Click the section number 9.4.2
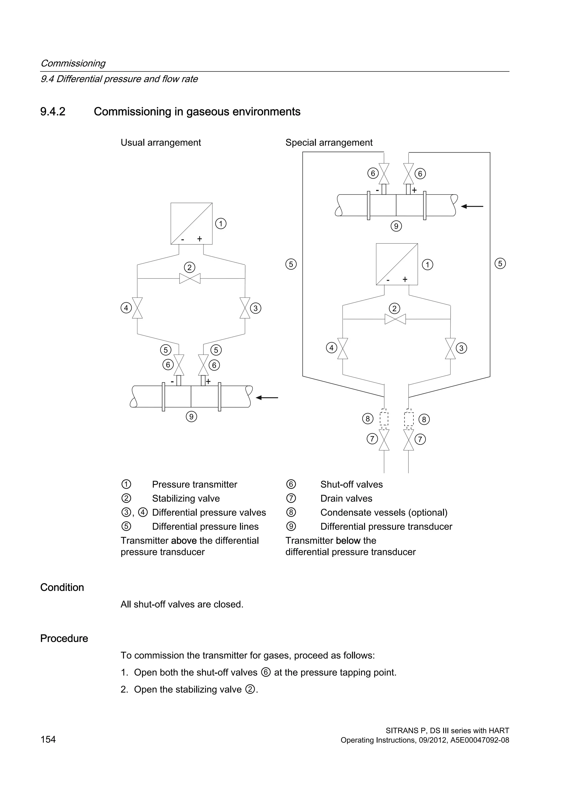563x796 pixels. [53, 112]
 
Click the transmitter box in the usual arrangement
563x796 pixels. [191, 224]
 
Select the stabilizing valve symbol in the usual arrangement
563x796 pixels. [190, 278]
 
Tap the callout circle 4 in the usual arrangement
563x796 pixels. [126, 308]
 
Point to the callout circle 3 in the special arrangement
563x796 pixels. [461, 348]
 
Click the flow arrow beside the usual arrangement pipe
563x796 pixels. [267, 398]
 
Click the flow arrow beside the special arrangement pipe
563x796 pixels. [472, 206]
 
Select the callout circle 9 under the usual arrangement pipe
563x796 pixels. [191, 416]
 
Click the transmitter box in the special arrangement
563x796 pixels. [397, 264]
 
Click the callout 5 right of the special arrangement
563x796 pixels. [500, 264]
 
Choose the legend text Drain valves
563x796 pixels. [346, 499]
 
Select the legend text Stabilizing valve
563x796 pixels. [186, 499]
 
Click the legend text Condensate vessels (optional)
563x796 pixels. [384, 512]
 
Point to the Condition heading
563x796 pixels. [62, 587]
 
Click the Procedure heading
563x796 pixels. [64, 638]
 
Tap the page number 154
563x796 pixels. [48, 739]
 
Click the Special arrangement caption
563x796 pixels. [329, 142]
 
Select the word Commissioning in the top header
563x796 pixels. [73, 63]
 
